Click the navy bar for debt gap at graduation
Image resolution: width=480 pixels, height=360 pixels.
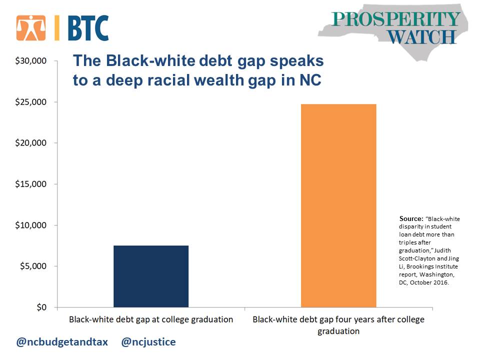151,276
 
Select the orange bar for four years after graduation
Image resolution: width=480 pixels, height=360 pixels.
338,205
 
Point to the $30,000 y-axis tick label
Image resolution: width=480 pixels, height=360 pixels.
31,60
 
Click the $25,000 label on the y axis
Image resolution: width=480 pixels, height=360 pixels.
31,101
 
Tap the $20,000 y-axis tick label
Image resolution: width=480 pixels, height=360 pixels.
31,142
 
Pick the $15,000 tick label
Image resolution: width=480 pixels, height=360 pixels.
31,183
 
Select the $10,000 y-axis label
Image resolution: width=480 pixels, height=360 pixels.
31,225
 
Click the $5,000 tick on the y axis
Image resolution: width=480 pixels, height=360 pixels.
33,265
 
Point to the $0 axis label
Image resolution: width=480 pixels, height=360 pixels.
41,307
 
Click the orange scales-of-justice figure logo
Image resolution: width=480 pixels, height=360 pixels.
31,28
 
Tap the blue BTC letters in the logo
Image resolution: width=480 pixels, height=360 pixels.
88,28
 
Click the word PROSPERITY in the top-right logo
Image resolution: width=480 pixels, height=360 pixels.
395,19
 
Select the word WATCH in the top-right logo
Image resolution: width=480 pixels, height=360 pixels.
422,37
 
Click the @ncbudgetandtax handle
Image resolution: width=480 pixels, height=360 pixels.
62,341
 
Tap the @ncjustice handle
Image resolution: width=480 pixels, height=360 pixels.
148,341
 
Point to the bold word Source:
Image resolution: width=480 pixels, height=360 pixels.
411,218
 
